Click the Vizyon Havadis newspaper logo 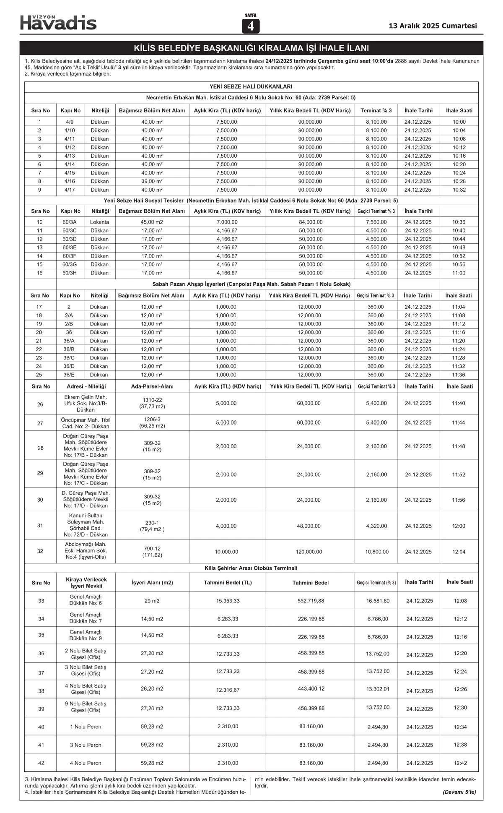click(58, 22)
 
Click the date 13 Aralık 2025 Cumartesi click(433, 26)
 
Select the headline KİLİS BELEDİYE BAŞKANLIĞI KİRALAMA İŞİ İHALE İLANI click(251, 48)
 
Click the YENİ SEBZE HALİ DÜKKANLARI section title click(251, 86)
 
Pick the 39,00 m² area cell click(152, 181)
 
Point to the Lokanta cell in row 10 click(99, 222)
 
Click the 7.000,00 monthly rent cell click(227, 222)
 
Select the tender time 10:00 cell click(459, 122)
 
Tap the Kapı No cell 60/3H click(70, 273)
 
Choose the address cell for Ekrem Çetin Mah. click(86, 403)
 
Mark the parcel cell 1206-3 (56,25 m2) click(152, 422)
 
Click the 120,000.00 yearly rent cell click(309, 552)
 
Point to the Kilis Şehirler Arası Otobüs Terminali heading click(251, 568)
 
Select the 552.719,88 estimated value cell click(311, 601)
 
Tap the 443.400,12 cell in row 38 click(311, 689)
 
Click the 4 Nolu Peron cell click(86, 763)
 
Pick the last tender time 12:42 click(460, 763)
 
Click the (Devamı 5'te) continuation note click(459, 792)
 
